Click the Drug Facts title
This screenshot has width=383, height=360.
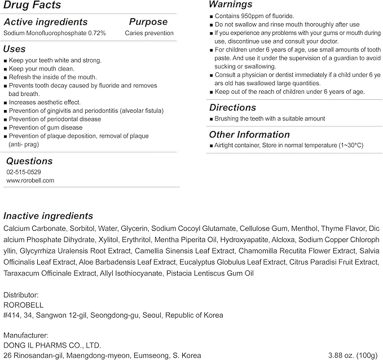click(32, 6)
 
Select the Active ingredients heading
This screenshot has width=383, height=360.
click(46, 22)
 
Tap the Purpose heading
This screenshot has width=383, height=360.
click(148, 22)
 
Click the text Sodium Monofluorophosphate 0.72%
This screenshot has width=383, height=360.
click(55, 33)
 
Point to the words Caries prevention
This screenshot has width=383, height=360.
click(149, 33)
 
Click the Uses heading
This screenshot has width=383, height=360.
click(15, 49)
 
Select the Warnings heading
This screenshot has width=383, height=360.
click(230, 5)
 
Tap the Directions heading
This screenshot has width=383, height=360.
click(232, 107)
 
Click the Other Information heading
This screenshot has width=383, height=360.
click(249, 134)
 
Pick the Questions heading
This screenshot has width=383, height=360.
click(29, 161)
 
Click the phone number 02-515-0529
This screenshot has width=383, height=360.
click(24, 172)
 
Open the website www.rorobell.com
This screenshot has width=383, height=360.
click(30, 181)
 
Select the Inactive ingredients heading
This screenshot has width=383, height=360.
click(49, 216)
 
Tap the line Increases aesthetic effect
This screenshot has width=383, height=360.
click(45, 102)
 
